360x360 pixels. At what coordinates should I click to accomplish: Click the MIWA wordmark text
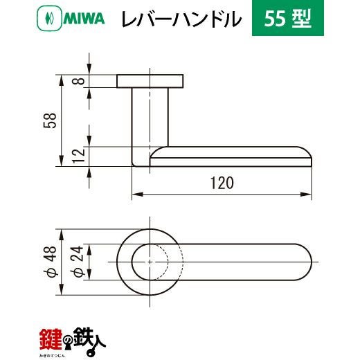[x=84, y=19]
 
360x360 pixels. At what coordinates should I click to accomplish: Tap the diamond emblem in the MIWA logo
[x=49, y=19]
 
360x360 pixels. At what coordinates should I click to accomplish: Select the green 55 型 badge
[x=288, y=18]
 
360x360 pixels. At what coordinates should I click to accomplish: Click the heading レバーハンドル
[x=181, y=19]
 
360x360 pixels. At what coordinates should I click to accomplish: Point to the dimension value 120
[x=222, y=183]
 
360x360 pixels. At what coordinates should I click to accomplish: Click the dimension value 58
[x=50, y=120]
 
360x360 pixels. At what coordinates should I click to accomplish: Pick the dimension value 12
[x=79, y=156]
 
